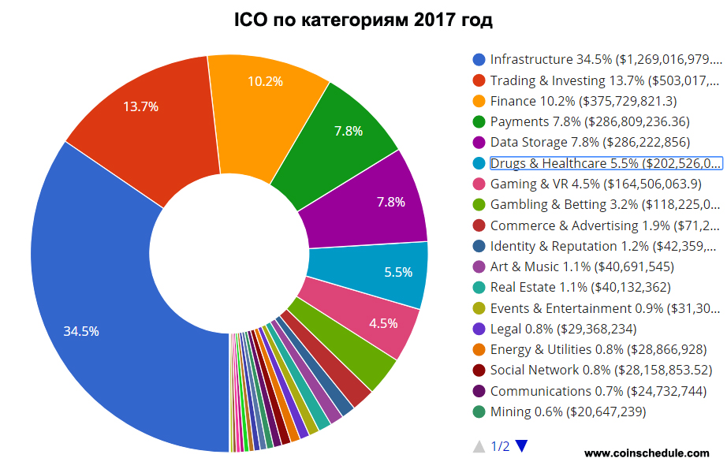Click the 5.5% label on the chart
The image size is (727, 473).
(x=398, y=272)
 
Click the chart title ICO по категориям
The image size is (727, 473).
(x=363, y=19)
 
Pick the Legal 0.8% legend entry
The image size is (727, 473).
(x=563, y=329)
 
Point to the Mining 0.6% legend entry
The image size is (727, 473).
(x=568, y=412)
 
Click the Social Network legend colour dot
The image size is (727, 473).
(x=479, y=370)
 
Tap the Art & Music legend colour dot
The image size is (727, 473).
(x=479, y=266)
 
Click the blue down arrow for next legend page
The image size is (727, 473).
(x=521, y=447)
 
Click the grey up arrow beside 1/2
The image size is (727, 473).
(x=479, y=447)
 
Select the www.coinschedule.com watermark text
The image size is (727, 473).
(x=647, y=453)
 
